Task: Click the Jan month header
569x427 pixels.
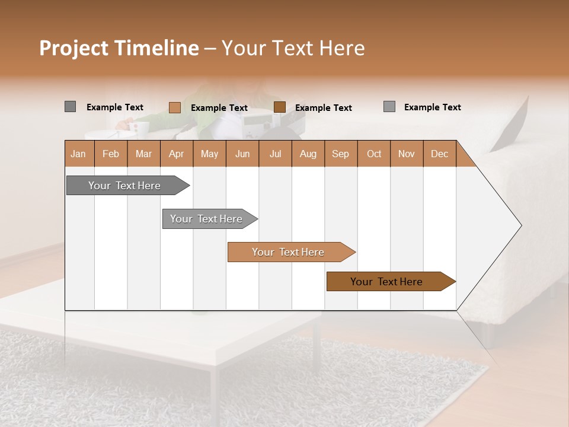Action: coord(79,154)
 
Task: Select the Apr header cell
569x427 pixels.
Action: coord(177,154)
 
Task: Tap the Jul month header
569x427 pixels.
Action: coord(275,154)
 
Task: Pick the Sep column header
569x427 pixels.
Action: coord(340,154)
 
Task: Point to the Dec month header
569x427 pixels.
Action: coord(439,154)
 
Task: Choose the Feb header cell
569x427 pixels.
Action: coord(111,154)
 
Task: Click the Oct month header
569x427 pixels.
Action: coord(374,154)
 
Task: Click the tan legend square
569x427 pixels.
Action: coord(175,107)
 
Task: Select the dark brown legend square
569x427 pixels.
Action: coord(280,107)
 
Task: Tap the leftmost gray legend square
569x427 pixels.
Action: coord(71,107)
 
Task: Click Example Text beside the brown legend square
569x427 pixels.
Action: coord(324,108)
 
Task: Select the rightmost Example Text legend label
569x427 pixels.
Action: coord(432,107)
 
